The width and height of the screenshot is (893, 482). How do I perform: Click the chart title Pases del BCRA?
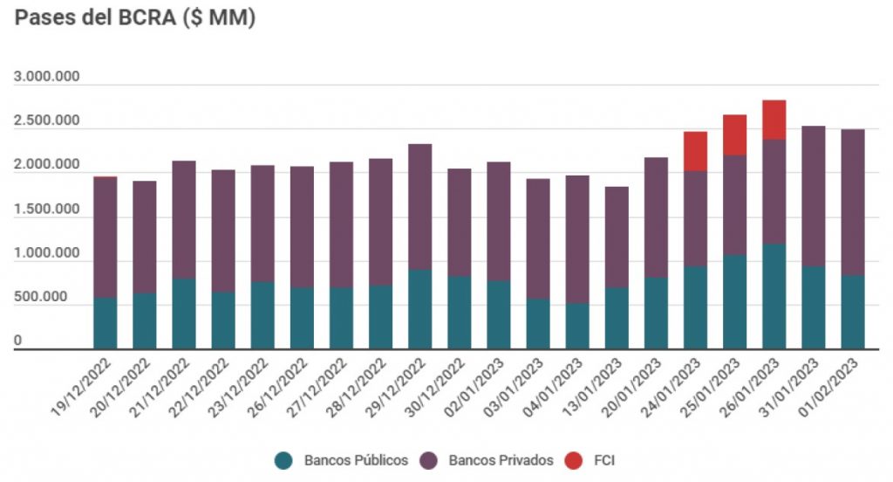tap(135, 18)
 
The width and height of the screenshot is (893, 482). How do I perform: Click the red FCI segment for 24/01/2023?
tap(695, 151)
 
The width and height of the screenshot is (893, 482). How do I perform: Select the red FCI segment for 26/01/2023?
tap(774, 120)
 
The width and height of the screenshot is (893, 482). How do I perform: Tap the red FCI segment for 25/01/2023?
tap(734, 135)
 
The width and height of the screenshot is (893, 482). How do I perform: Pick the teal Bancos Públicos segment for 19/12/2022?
tap(106, 323)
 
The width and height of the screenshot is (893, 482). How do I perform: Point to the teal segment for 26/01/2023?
tap(774, 297)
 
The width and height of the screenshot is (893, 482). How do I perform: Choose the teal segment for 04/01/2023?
tap(577, 327)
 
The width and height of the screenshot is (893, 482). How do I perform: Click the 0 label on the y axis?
tap(18, 342)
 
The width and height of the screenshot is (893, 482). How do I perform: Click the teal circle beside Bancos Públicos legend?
tap(283, 459)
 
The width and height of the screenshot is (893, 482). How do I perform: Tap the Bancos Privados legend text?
tap(501, 459)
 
